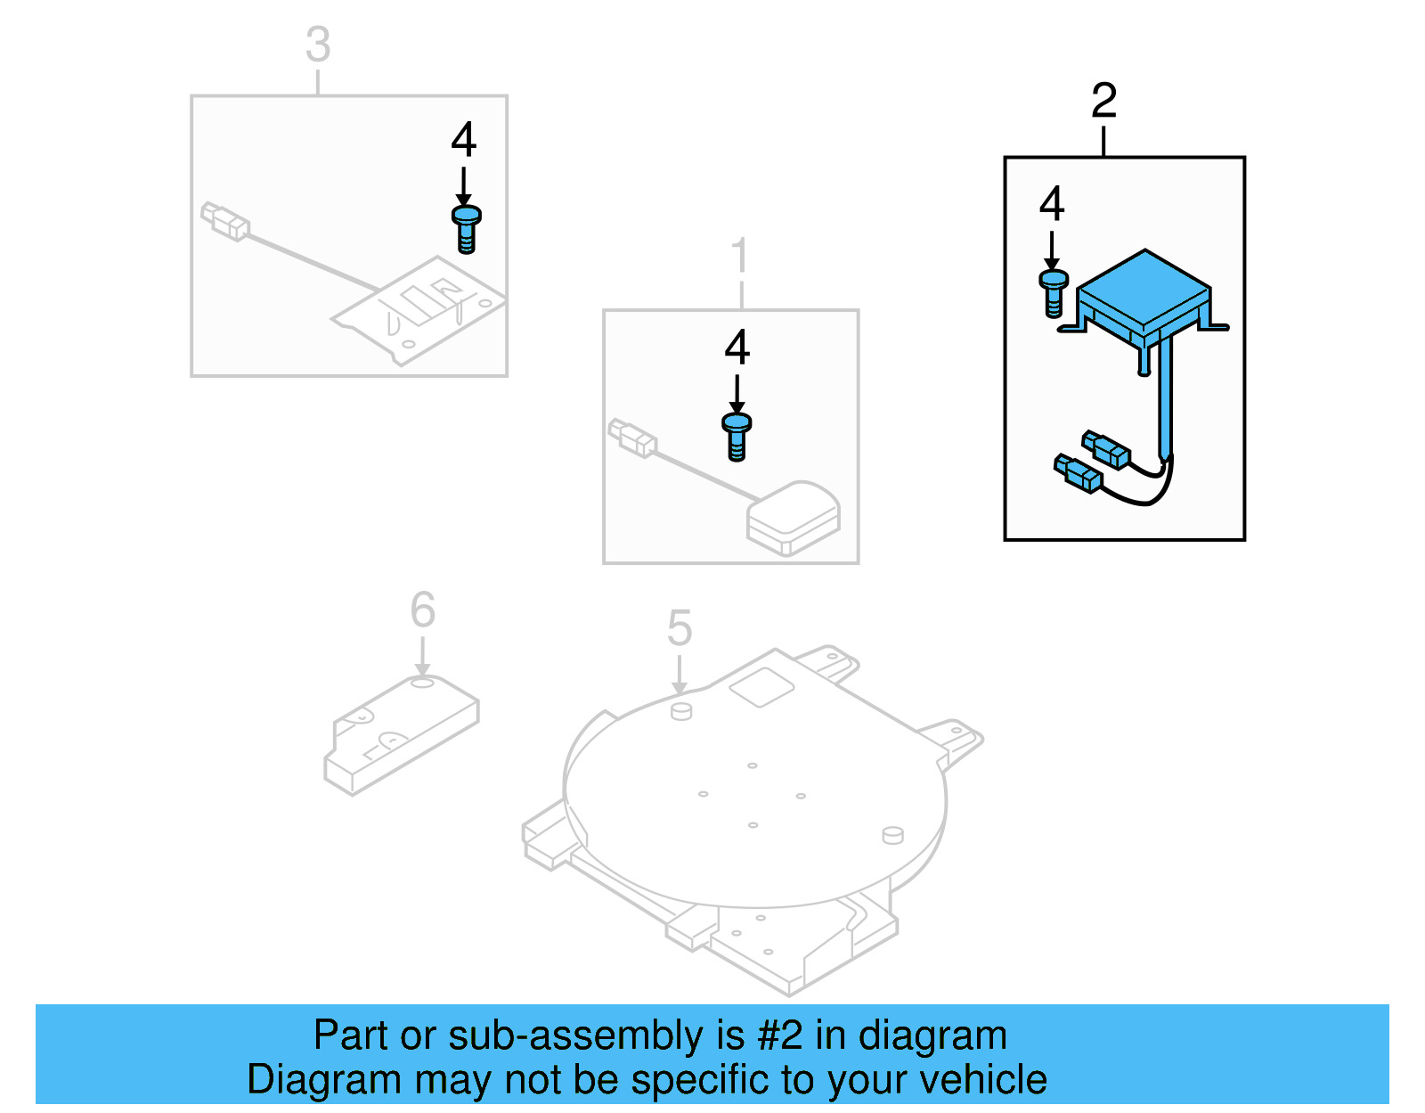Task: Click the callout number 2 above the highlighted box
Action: tap(1103, 101)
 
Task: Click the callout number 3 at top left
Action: tap(318, 45)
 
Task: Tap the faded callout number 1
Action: tap(740, 257)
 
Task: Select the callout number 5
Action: tap(679, 628)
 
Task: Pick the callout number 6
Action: tap(422, 610)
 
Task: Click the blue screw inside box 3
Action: tap(466, 229)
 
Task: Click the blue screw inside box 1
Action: tap(737, 437)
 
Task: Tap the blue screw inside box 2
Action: tap(1053, 293)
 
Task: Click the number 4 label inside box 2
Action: tap(1052, 204)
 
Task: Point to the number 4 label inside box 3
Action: tap(463, 140)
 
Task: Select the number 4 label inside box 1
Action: tap(737, 348)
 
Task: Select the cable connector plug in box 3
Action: tap(224, 221)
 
